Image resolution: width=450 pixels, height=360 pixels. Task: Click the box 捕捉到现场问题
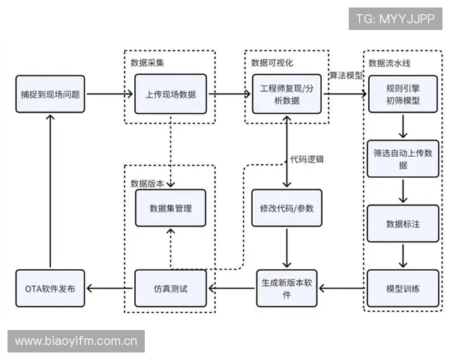(x=50, y=95)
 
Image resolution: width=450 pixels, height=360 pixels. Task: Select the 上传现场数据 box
(x=171, y=95)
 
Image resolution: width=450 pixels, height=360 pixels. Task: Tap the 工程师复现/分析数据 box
(x=289, y=95)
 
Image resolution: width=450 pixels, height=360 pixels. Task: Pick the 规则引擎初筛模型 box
(x=403, y=95)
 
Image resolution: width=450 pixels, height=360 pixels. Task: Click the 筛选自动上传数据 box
(x=403, y=158)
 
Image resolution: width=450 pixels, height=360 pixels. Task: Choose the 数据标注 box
(x=403, y=223)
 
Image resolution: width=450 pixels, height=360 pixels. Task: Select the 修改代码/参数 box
(x=289, y=208)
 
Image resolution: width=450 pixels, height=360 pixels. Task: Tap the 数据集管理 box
(x=171, y=208)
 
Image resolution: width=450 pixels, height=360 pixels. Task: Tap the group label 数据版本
(x=148, y=183)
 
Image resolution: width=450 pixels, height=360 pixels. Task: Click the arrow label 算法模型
(x=346, y=75)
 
